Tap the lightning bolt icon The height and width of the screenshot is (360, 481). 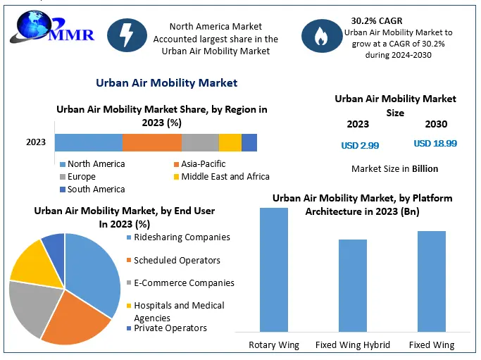127,37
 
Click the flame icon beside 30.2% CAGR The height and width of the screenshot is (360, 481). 320,37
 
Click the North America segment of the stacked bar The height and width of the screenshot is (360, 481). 88,142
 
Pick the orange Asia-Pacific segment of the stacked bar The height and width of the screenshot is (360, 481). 151,142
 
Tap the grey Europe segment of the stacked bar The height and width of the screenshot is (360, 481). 200,142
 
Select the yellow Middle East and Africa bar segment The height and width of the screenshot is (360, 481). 230,142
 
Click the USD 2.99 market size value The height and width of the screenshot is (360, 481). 360,145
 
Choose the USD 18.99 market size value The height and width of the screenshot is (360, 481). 435,144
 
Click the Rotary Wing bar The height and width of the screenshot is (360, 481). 274,269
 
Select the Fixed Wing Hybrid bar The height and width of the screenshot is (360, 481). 353,285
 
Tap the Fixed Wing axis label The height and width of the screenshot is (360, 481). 431,345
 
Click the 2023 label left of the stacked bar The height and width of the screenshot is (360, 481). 36,142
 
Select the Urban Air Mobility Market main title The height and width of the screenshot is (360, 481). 166,83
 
